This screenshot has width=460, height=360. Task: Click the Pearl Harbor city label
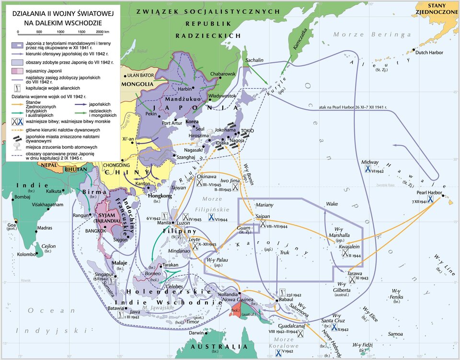pyautogui.click(x=429, y=192)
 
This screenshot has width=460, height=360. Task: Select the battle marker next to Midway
pyautogui.click(x=368, y=169)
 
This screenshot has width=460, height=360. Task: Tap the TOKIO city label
pyautogui.click(x=247, y=131)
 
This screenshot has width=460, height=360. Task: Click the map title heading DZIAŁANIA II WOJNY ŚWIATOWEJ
pyautogui.click(x=59, y=15)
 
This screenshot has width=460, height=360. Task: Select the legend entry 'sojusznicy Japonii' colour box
pyautogui.click(x=17, y=71)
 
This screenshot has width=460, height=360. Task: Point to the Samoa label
pyautogui.click(x=395, y=334)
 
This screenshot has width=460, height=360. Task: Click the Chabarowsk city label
pyautogui.click(x=223, y=74)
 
